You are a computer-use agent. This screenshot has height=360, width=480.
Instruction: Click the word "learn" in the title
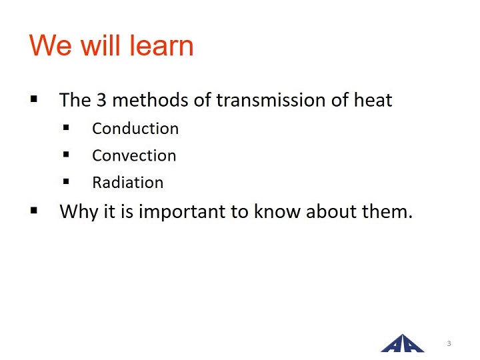click(161, 45)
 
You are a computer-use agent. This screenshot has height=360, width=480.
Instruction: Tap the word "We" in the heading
click(51, 45)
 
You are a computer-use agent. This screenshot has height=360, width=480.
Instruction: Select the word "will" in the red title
click(101, 45)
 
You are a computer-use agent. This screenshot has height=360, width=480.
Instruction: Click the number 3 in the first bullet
click(101, 100)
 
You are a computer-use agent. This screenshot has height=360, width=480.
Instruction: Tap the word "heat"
click(373, 100)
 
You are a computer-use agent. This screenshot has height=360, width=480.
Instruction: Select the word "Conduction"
click(135, 128)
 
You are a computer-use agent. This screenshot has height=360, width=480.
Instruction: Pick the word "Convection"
click(134, 155)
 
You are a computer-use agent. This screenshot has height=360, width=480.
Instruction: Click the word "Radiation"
click(127, 183)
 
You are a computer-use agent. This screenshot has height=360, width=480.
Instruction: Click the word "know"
click(277, 211)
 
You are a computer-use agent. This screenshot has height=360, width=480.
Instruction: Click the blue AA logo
click(402, 343)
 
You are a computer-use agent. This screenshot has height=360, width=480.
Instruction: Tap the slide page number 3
click(449, 343)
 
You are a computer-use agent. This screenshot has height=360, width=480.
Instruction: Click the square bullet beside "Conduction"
click(66, 127)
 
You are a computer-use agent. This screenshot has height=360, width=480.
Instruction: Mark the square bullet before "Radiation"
click(66, 181)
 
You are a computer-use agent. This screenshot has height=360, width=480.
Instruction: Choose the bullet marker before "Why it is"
click(34, 210)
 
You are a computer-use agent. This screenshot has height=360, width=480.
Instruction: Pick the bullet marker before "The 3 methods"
click(34, 99)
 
